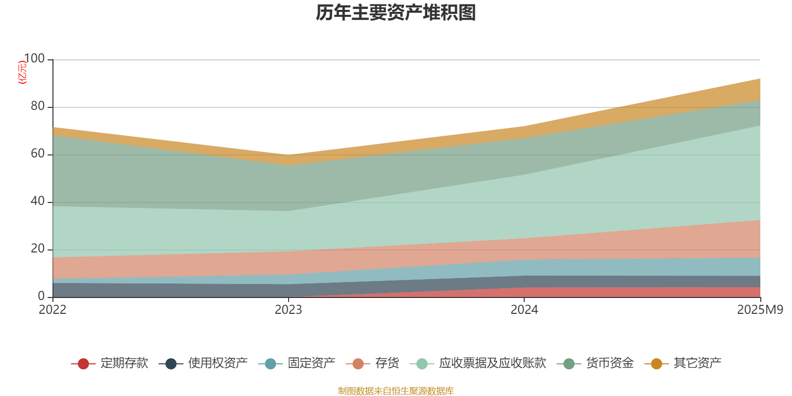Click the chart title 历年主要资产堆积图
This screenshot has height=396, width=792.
(x=396, y=13)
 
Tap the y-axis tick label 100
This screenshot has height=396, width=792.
(x=34, y=59)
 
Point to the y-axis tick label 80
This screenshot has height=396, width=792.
(x=38, y=106)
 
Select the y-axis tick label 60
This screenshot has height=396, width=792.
(x=38, y=154)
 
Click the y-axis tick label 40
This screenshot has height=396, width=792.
(x=38, y=201)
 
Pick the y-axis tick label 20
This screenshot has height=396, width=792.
(x=38, y=249)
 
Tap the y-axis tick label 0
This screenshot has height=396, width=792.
(x=41, y=296)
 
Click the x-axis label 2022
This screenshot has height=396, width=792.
(x=52, y=310)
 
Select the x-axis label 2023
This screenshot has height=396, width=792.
(x=289, y=310)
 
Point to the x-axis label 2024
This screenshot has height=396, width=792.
(x=524, y=310)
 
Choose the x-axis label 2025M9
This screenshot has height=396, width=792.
(x=760, y=310)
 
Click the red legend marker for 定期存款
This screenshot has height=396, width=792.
(x=83, y=364)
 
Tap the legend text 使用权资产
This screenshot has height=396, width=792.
(x=218, y=363)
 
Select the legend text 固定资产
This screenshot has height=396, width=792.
(x=312, y=363)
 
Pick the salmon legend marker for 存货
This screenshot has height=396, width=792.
(x=358, y=364)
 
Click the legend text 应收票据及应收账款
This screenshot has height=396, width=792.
(x=493, y=363)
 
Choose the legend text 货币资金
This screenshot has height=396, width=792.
(x=610, y=363)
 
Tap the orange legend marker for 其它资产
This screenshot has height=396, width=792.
(x=656, y=364)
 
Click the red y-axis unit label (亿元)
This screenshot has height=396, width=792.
(x=22, y=72)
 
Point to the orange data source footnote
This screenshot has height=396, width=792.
(x=396, y=391)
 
